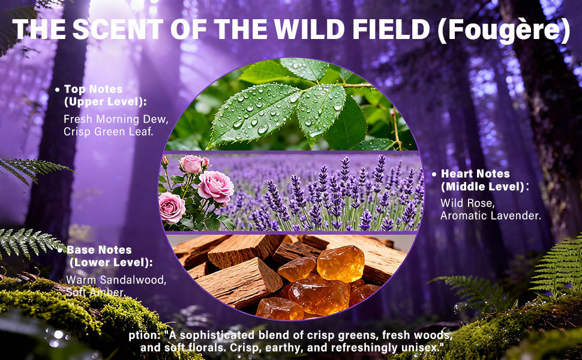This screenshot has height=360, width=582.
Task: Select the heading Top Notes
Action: coord(93,89)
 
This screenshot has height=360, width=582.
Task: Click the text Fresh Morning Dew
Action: coord(116,119)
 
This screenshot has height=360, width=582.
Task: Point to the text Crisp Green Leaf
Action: coord(109,131)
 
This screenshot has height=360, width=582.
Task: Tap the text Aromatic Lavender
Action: coord(490,215)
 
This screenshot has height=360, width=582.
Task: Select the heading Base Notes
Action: coord(99,250)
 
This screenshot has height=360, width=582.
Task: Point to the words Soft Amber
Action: coord(95,292)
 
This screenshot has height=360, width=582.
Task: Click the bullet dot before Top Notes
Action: coord(58,89)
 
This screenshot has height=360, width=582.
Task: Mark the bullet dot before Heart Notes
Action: coord(434,175)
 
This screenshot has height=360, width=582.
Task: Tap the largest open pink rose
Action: coord(215,186)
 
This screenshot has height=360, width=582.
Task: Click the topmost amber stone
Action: coord(341,262)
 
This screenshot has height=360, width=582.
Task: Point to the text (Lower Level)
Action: coord(111,262)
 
